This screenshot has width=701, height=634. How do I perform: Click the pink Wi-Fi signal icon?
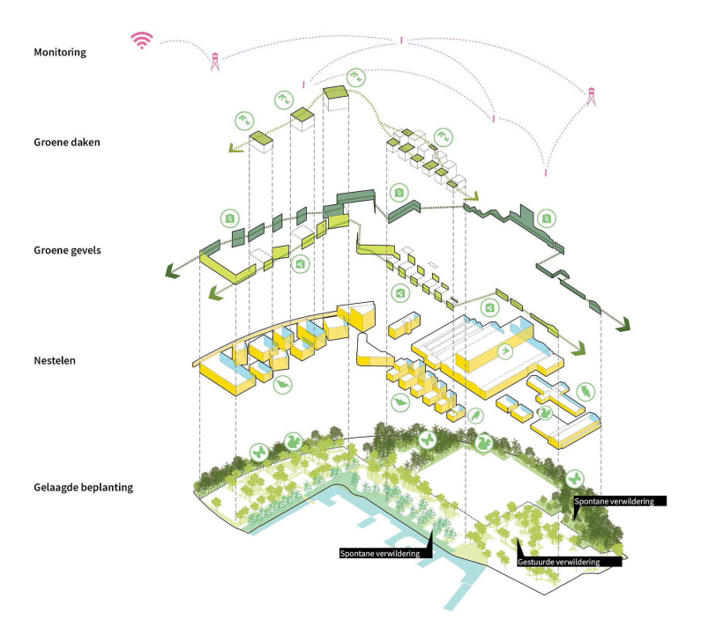142,39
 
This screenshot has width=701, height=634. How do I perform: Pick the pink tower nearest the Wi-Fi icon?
214,62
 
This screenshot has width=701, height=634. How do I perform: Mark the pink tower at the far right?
591,95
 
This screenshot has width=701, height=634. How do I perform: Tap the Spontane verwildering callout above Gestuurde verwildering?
618,501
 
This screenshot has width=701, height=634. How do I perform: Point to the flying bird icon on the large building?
504,350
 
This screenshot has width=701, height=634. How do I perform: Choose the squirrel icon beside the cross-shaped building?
545,411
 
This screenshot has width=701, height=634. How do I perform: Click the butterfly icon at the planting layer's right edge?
575,477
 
